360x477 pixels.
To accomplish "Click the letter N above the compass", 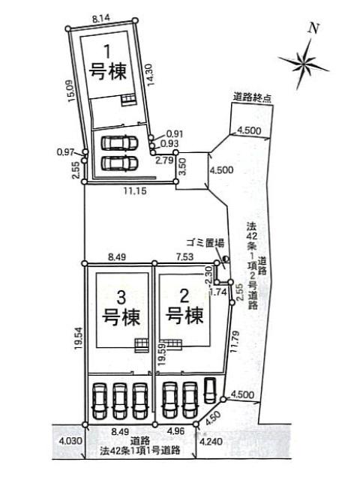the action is [313, 28].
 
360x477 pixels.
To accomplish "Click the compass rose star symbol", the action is [304, 64].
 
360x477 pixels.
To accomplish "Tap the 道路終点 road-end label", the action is [252, 98].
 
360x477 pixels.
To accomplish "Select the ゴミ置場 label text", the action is [205, 243].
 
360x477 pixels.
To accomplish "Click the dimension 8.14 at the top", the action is [101, 19].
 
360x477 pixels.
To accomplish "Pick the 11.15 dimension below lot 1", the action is [135, 191].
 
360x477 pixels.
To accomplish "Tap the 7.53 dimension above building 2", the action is [184, 257].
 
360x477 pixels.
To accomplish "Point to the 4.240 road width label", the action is [211, 441].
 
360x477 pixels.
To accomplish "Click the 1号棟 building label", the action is [107, 62].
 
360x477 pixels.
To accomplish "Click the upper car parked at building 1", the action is [119, 142].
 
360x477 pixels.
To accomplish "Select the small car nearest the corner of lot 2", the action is [209, 390].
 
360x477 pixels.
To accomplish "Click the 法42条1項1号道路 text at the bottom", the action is [140, 450].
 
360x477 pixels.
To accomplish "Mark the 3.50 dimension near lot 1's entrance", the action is [182, 166].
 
